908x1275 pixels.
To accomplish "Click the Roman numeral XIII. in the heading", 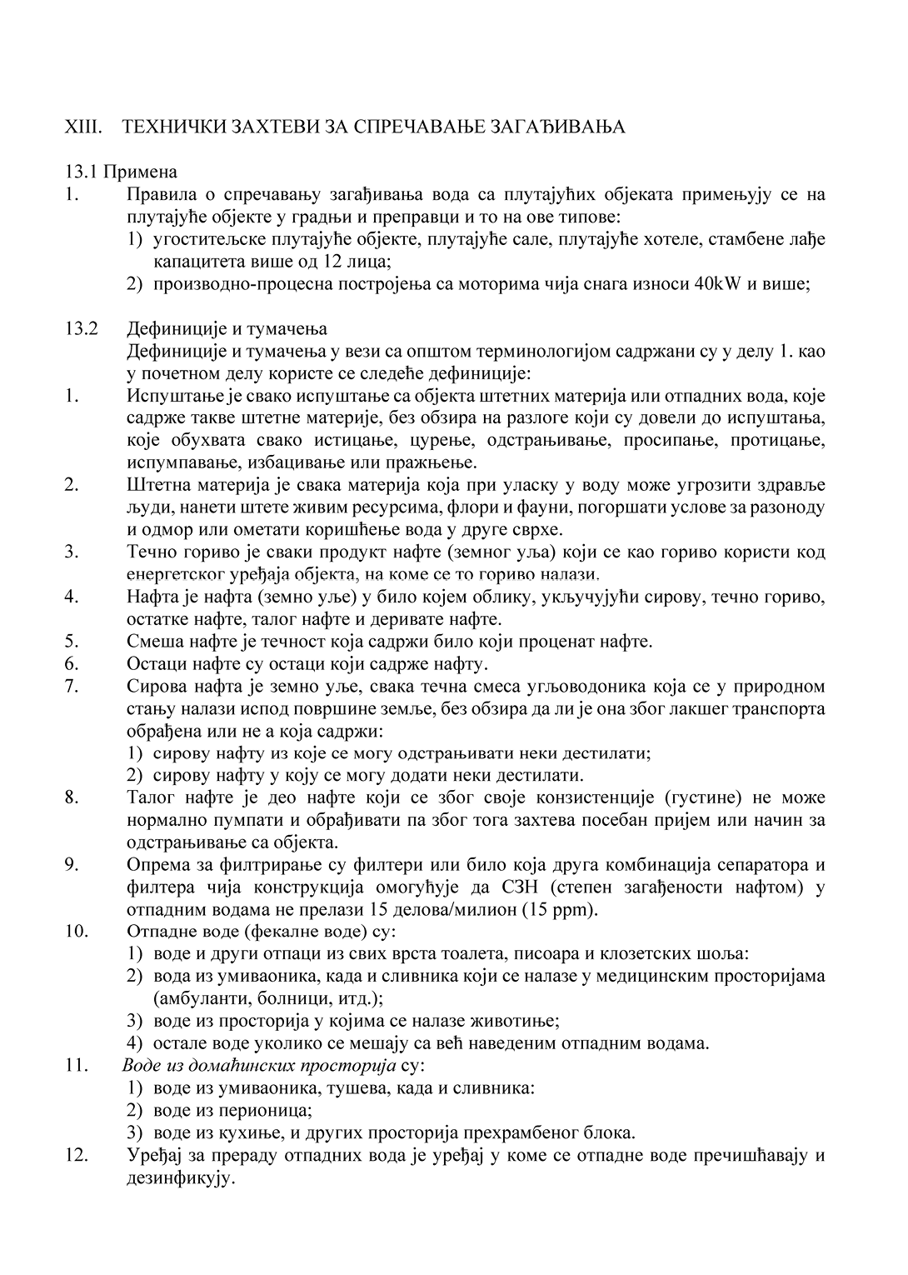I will [83, 127].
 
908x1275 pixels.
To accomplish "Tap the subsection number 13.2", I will [82, 328].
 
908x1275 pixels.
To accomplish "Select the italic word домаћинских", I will [218, 1066].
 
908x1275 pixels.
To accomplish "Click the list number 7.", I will [71, 687].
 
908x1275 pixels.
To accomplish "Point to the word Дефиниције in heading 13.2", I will [172, 328].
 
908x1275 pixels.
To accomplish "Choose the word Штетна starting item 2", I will [157, 485].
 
